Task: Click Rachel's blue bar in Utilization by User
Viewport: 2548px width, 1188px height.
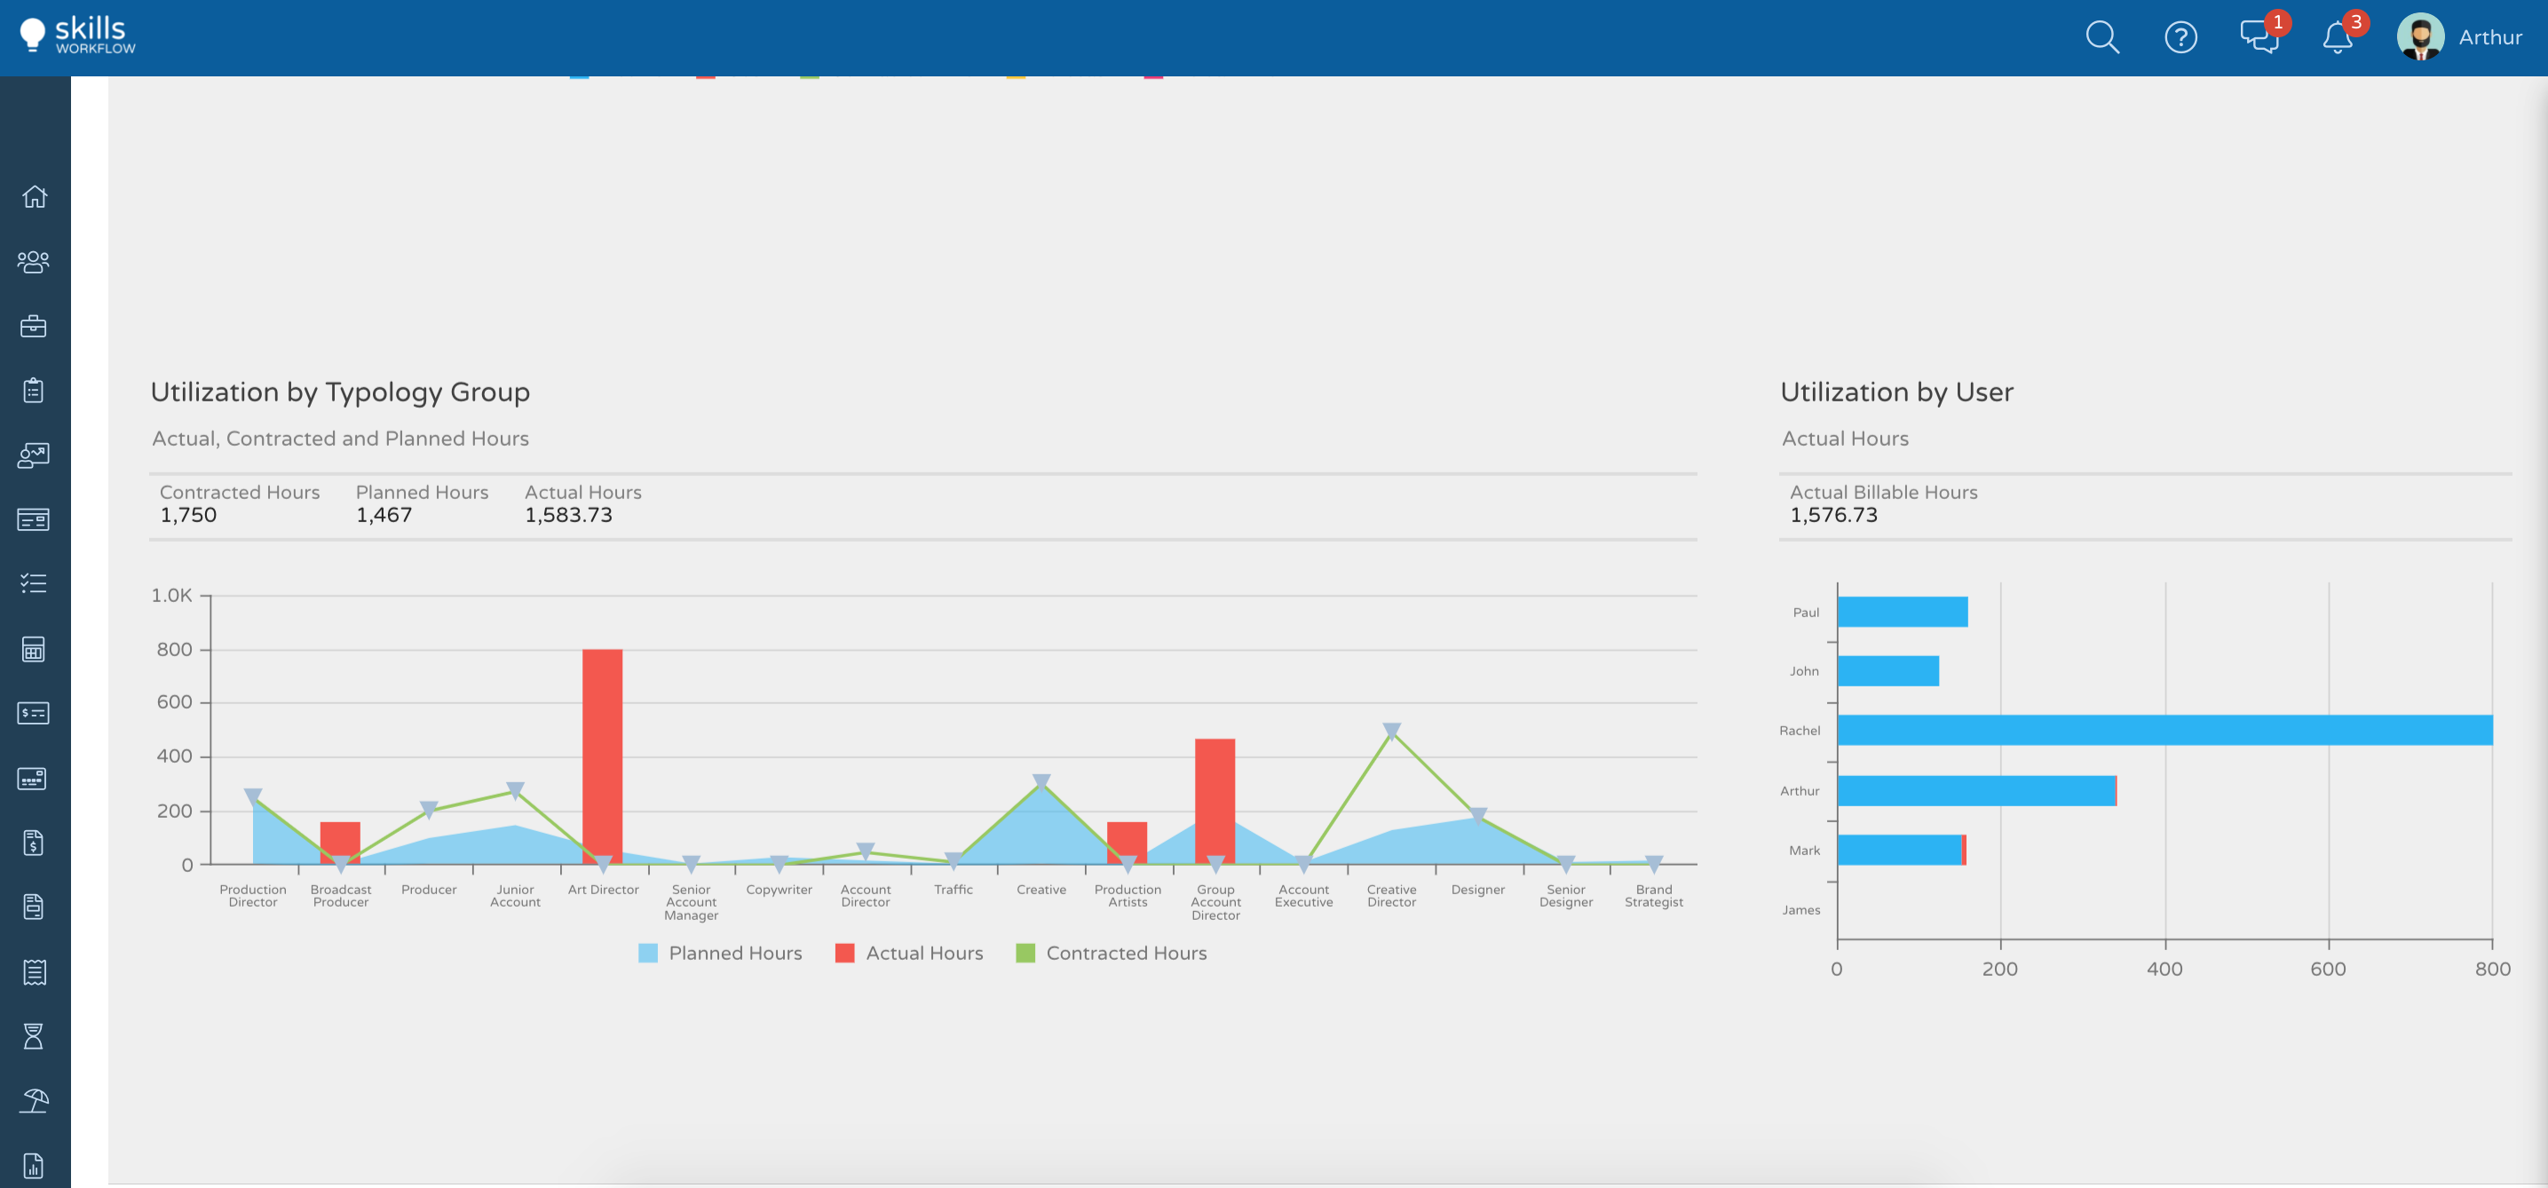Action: point(2164,730)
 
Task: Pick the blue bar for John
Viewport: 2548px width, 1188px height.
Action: point(1887,670)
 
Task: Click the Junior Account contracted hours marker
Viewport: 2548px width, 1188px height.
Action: point(515,790)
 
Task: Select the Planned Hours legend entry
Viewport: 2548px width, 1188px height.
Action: point(720,953)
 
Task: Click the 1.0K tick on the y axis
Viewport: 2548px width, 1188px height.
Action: point(172,596)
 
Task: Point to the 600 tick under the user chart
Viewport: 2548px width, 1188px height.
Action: point(2328,969)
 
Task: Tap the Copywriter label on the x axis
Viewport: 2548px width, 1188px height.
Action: point(779,890)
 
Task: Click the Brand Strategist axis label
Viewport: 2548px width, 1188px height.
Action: point(1653,895)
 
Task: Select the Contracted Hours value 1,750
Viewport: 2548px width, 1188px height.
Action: point(188,515)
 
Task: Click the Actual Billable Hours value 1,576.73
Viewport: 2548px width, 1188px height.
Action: point(1832,515)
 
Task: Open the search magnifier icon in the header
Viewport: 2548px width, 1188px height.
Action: point(2102,37)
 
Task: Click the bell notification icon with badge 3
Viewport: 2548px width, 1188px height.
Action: point(2338,37)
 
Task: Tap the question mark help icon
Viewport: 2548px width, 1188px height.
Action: point(2180,37)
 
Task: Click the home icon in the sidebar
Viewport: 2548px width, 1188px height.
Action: point(35,197)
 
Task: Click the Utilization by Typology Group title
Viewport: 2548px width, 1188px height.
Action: point(340,392)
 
